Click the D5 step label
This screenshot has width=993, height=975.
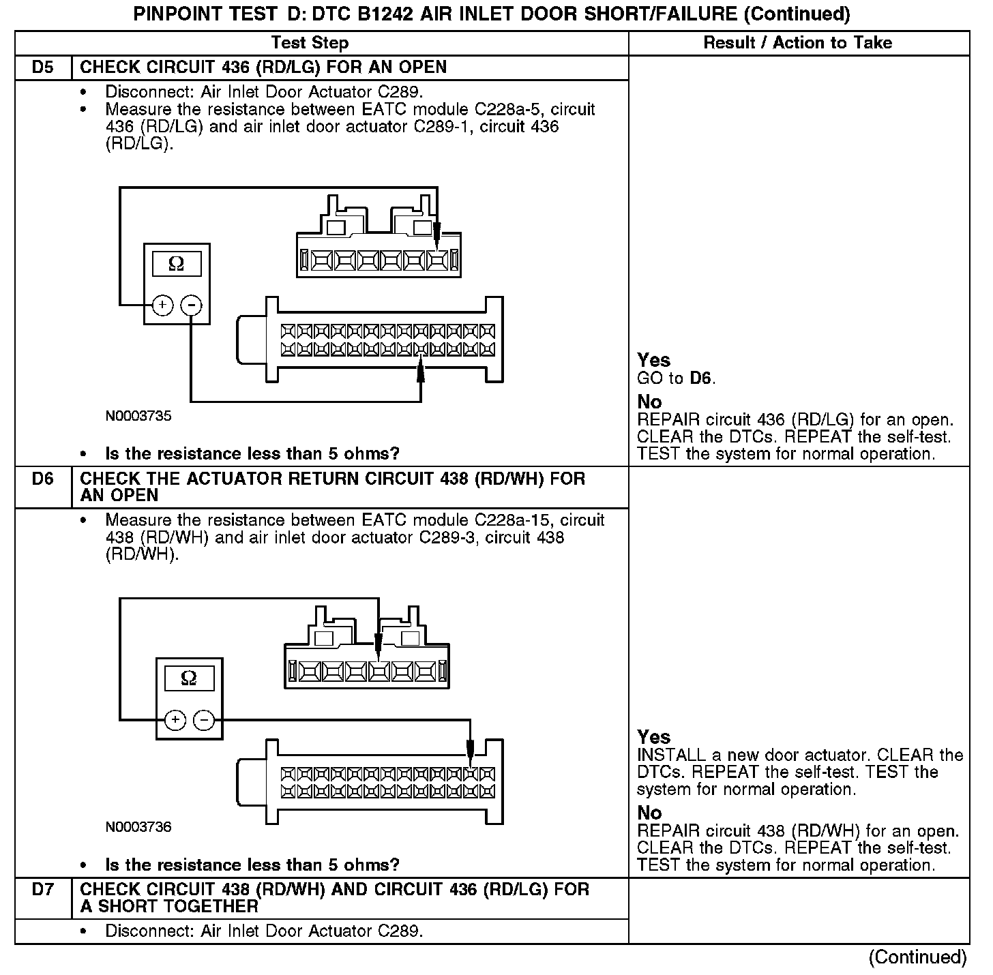(x=42, y=67)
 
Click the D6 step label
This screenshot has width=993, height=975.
(x=42, y=479)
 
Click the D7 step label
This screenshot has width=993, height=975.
(x=42, y=890)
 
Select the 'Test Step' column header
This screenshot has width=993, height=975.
(x=310, y=43)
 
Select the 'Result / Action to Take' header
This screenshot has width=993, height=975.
(x=797, y=43)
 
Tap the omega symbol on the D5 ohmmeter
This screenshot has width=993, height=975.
(x=176, y=264)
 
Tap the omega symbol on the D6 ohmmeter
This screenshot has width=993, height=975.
(x=189, y=678)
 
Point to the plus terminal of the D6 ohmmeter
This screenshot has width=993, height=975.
(x=175, y=719)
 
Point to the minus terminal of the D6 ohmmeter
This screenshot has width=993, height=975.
(x=204, y=719)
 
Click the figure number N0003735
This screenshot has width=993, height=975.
(x=138, y=416)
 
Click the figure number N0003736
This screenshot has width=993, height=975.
(x=138, y=827)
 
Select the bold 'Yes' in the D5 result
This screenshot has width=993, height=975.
(x=653, y=360)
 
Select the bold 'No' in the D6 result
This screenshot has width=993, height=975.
(x=649, y=813)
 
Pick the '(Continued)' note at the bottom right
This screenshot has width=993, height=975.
(x=917, y=957)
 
